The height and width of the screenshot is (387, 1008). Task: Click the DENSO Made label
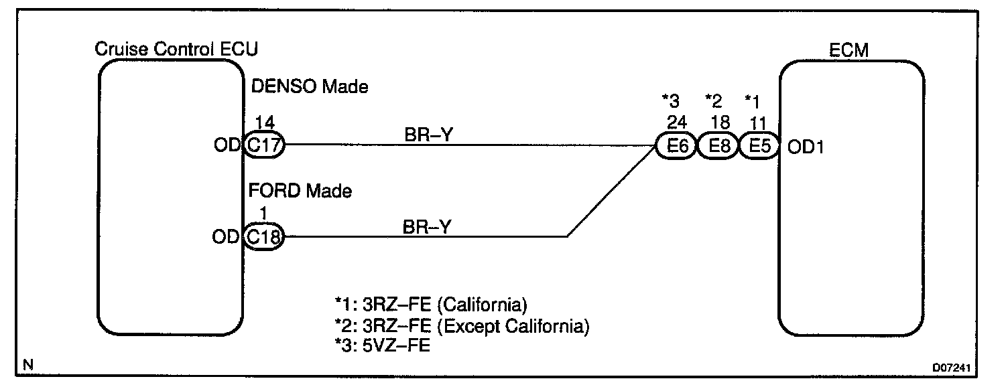tap(309, 86)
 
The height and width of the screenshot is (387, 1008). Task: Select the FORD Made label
tap(301, 191)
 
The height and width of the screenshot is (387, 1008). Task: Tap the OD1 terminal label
tap(805, 147)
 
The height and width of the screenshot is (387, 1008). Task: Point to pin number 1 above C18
tap(264, 213)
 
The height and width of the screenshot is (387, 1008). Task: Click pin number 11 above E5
tap(759, 122)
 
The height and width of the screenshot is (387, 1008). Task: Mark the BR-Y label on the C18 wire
tap(428, 226)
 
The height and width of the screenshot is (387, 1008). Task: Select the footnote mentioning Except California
tap(462, 326)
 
